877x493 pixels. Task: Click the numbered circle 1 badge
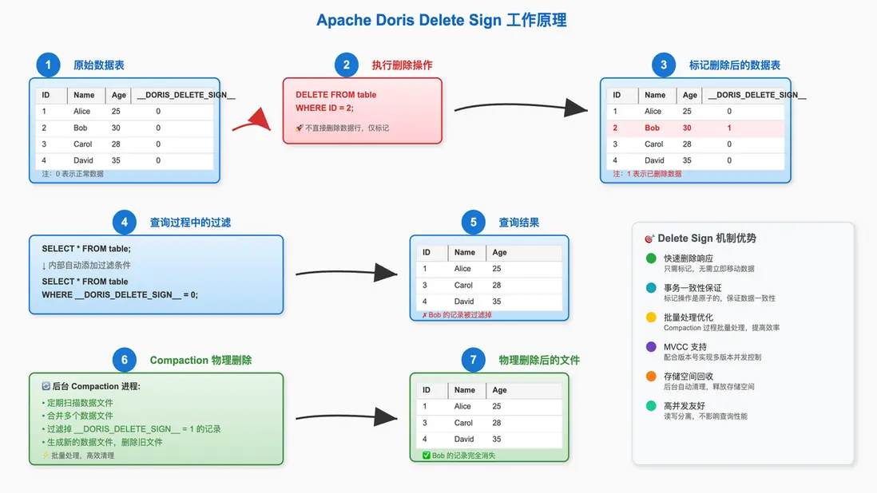49,65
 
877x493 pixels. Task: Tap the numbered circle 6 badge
125,360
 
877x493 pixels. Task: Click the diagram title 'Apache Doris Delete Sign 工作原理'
442,20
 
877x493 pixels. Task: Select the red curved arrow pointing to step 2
253,121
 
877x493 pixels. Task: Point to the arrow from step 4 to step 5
347,274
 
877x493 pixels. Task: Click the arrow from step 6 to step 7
347,416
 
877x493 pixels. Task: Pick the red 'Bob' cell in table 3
653,128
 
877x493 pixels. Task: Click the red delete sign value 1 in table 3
729,128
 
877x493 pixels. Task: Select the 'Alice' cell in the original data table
83,112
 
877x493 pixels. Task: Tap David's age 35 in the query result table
497,302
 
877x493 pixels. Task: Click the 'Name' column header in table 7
465,390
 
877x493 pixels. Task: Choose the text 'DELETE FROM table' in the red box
335,95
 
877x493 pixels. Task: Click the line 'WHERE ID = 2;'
324,108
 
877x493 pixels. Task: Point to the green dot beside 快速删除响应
651,258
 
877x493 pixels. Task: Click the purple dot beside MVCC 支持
651,347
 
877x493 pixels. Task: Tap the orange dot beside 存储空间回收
651,377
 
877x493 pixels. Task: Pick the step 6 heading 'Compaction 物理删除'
200,360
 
